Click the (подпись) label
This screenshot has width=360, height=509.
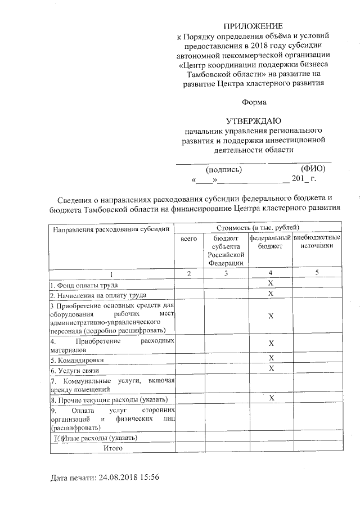(x=224, y=169)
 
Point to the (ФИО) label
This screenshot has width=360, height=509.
(x=313, y=169)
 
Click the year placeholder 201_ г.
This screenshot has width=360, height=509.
(x=304, y=179)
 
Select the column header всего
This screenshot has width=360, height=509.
(x=188, y=239)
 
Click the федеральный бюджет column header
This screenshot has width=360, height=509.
(x=271, y=242)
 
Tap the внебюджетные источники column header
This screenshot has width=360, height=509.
(x=317, y=242)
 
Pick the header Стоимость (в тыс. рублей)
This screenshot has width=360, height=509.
(x=258, y=227)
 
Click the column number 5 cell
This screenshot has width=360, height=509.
(x=317, y=273)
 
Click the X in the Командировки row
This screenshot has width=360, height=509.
(x=271, y=358)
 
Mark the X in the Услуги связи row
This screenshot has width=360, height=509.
(x=271, y=368)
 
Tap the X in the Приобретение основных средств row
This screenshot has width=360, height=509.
(x=271, y=317)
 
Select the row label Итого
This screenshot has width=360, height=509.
(x=111, y=448)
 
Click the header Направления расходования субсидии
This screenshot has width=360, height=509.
(x=110, y=229)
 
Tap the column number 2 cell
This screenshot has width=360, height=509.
(x=188, y=273)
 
